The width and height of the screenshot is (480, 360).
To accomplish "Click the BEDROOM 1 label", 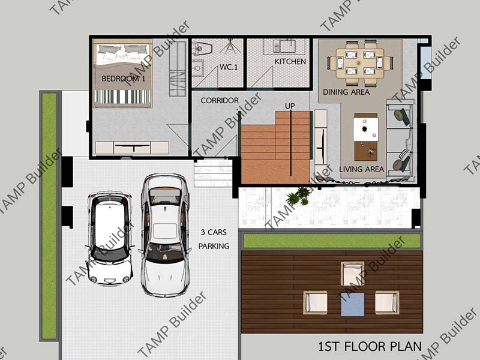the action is point(123,79).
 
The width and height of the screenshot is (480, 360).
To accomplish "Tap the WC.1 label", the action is point(229,67).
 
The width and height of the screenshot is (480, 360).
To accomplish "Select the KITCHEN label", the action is point(290,62).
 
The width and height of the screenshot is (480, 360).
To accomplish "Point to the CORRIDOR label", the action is point(220,100).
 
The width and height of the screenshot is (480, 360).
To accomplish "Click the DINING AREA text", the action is point(346,92).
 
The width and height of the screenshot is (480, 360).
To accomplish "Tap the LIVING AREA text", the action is point(362,169).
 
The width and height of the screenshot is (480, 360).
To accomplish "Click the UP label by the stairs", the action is point(290,106).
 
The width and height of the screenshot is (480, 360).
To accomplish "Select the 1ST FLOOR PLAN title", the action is point(370,347).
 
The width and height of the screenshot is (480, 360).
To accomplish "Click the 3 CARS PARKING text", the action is point(214,239).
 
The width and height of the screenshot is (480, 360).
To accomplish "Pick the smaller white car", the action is point(110,238).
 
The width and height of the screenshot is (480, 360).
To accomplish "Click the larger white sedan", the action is point(166,235).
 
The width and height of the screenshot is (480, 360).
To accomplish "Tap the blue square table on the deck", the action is point(353,304).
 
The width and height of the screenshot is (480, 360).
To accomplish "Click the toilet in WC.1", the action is point(202,47).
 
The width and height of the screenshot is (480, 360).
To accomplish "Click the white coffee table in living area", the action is point(365,129).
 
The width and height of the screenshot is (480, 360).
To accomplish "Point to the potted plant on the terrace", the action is point(298,196).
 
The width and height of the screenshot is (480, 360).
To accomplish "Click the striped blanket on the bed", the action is point(123,97).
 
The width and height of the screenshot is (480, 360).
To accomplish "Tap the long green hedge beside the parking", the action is point(49,216).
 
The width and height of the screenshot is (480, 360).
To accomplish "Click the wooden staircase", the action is point(275,148).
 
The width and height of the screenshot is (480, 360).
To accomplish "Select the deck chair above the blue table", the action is point(352,274).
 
